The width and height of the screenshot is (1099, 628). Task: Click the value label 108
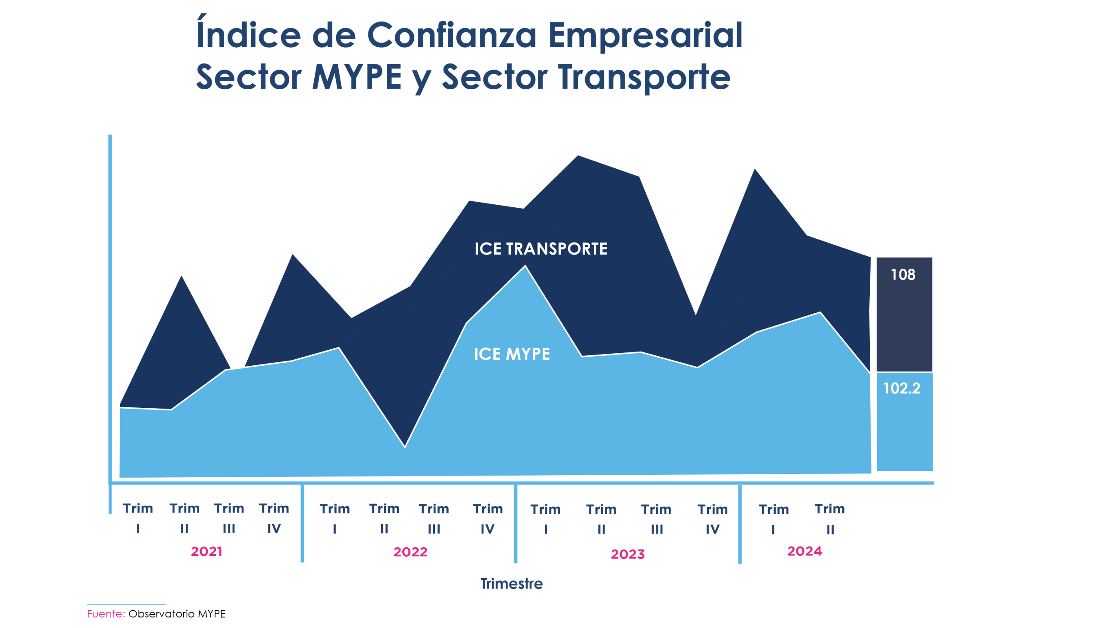pyautogui.click(x=903, y=275)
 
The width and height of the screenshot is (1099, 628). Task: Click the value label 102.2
pyautogui.click(x=902, y=388)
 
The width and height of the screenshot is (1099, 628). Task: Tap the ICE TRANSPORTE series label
pyautogui.click(x=541, y=249)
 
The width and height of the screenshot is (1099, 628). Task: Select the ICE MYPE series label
pyautogui.click(x=512, y=354)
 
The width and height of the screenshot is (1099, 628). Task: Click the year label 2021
pyautogui.click(x=206, y=552)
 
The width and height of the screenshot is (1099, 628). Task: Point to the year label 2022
pyautogui.click(x=410, y=552)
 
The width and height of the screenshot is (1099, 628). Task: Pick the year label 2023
pyautogui.click(x=628, y=554)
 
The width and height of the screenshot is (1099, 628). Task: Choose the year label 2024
pyautogui.click(x=805, y=551)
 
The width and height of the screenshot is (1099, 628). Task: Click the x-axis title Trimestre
pyautogui.click(x=512, y=584)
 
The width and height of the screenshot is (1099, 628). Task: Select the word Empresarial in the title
pyautogui.click(x=645, y=35)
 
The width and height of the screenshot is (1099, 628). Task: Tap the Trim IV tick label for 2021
pyautogui.click(x=274, y=518)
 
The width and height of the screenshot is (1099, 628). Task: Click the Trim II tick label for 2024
pyautogui.click(x=830, y=519)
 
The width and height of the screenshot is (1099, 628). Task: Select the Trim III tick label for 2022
pyautogui.click(x=434, y=519)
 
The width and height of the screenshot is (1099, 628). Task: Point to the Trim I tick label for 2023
pyautogui.click(x=546, y=519)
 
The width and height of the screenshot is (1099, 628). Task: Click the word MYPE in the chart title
pyautogui.click(x=357, y=78)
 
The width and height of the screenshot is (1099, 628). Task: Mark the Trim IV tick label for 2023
pyautogui.click(x=713, y=519)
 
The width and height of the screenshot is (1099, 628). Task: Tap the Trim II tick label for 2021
pyautogui.click(x=185, y=518)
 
